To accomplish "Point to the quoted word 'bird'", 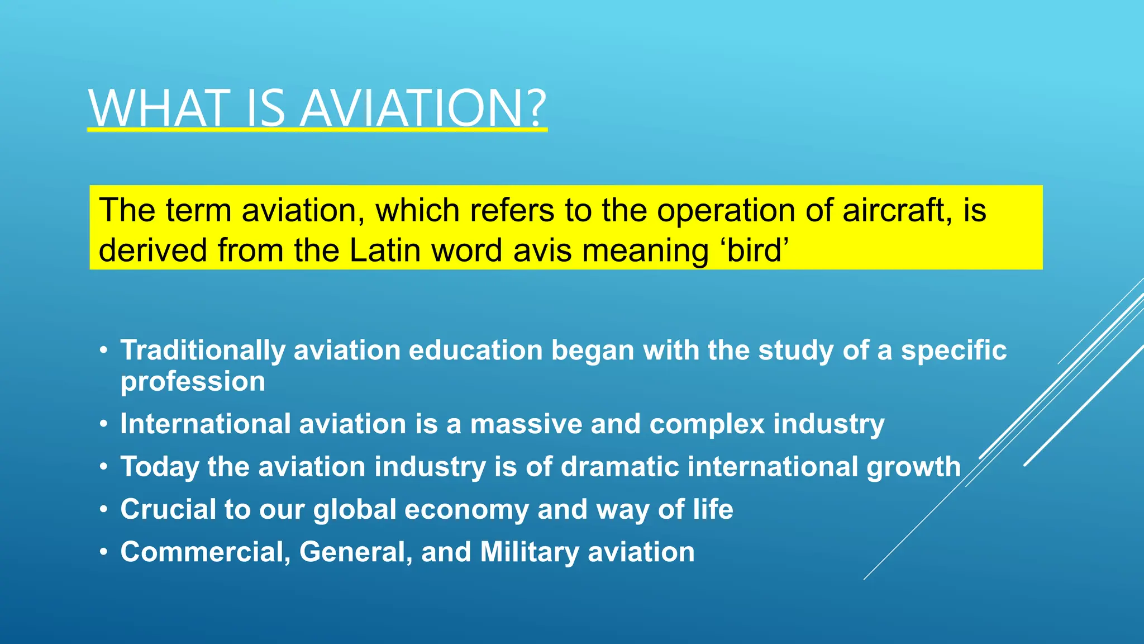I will point(757,250).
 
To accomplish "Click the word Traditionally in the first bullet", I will point(203,351).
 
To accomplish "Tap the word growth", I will point(913,467).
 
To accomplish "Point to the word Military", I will point(529,552).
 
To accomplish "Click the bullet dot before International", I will point(103,424).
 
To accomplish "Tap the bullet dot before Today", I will point(103,467).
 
